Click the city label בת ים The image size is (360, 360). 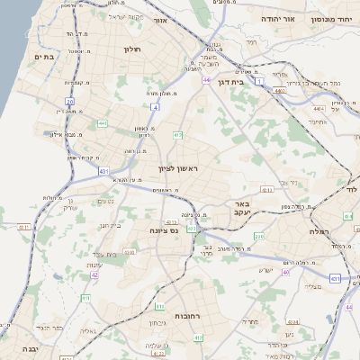45,56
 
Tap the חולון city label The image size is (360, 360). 132,50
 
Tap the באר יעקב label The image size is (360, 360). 238,209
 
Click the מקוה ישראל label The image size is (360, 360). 125,16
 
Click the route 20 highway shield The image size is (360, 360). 70,101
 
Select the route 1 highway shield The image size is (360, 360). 260,82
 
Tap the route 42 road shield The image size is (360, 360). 94,275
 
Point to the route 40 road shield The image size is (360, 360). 286,272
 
